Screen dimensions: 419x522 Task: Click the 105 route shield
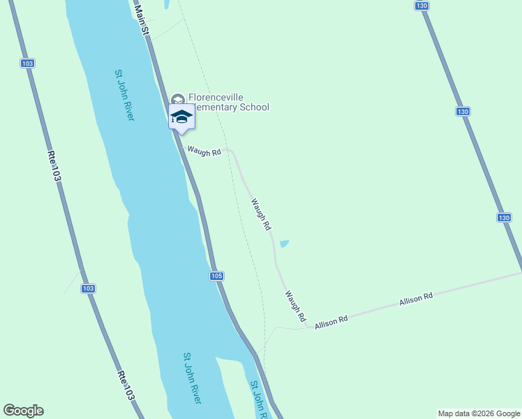(x=216, y=276)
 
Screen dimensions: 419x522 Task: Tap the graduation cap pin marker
(x=181, y=117)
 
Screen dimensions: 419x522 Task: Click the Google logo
(x=23, y=411)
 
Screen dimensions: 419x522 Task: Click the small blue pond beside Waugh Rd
(x=284, y=244)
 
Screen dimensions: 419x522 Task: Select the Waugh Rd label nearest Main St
(x=204, y=151)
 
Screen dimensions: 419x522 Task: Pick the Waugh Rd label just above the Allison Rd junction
(x=295, y=307)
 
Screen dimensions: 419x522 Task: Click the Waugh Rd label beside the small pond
(x=261, y=214)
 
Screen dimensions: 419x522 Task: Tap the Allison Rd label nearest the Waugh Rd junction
(x=331, y=322)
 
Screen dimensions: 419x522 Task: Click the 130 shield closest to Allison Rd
(x=505, y=218)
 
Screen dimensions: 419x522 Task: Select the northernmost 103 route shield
(x=27, y=63)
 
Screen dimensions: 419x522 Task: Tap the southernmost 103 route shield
(x=88, y=288)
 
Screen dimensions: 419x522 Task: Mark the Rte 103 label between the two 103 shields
(x=54, y=166)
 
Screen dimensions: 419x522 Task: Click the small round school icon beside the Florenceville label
(x=177, y=98)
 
